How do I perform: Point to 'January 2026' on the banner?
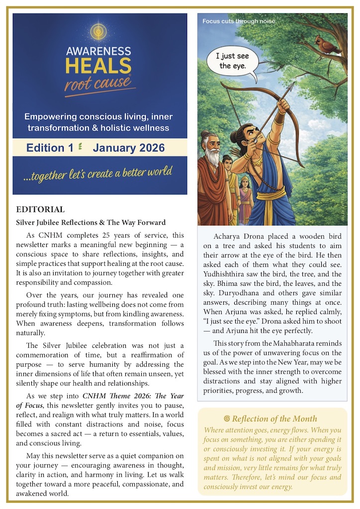(128, 148)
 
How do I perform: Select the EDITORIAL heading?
(40, 210)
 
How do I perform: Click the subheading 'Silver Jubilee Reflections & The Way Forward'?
(90, 222)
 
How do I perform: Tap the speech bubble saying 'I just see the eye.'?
(232, 62)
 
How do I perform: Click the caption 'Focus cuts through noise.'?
(239, 21)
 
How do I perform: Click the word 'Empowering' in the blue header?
(51, 117)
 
